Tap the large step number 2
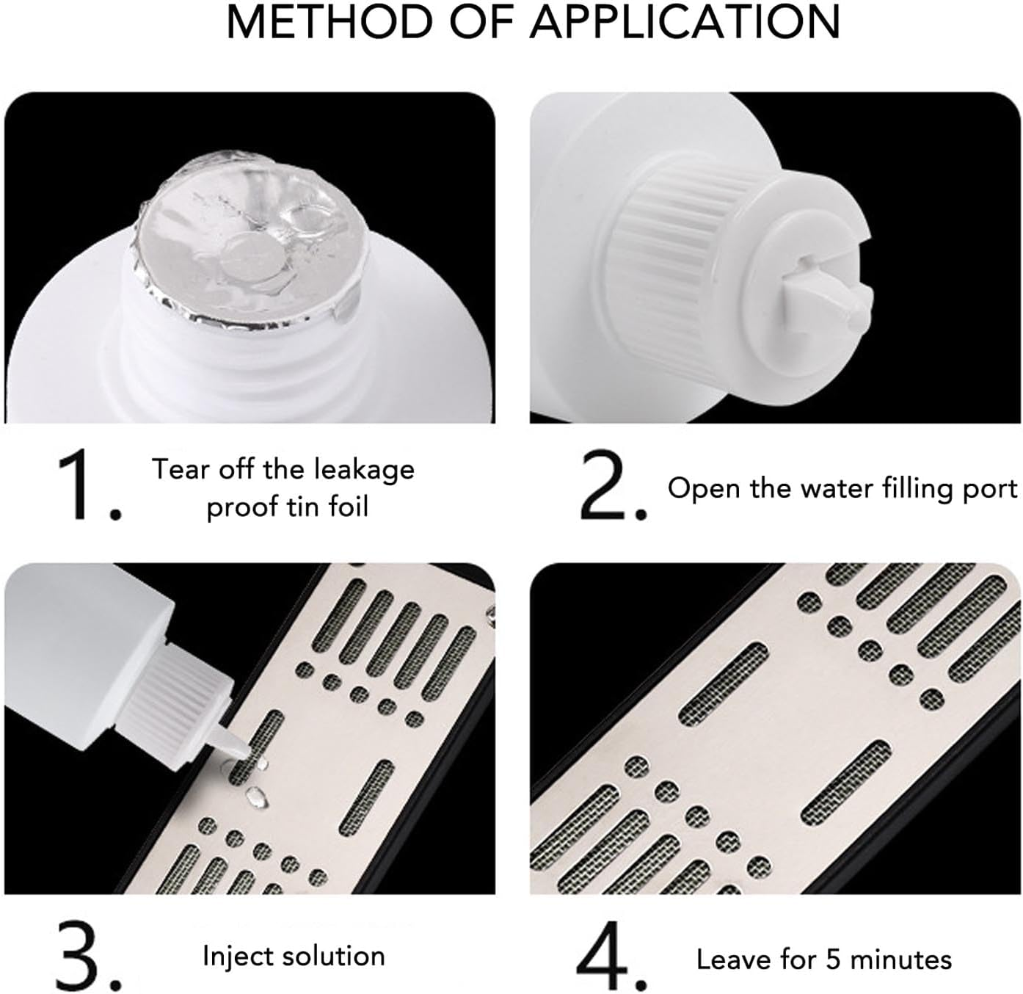(613, 485)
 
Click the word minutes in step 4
(901, 959)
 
